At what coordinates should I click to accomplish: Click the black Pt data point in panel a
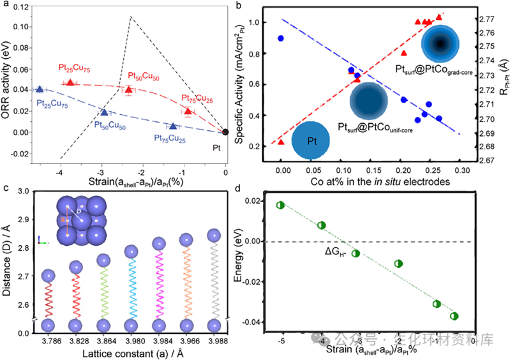225,132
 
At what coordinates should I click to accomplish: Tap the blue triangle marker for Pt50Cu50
104,112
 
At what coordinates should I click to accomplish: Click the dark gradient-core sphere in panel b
439,43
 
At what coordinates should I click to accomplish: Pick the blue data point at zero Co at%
281,38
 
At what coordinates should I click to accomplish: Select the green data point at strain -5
280,205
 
